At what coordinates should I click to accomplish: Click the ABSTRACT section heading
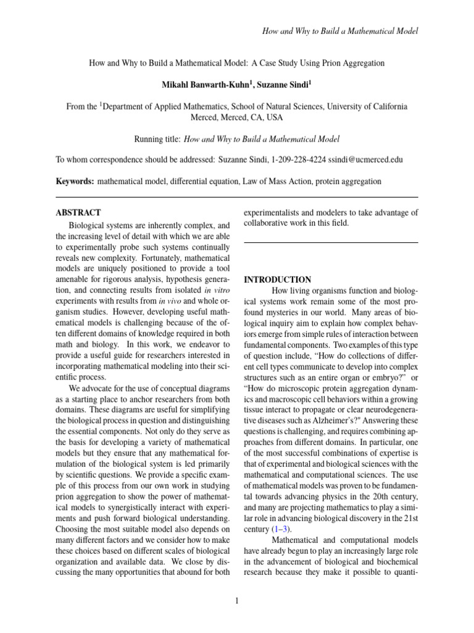coord(78,212)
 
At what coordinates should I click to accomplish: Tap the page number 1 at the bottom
coord(237,600)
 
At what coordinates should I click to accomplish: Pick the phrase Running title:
coord(157,139)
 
